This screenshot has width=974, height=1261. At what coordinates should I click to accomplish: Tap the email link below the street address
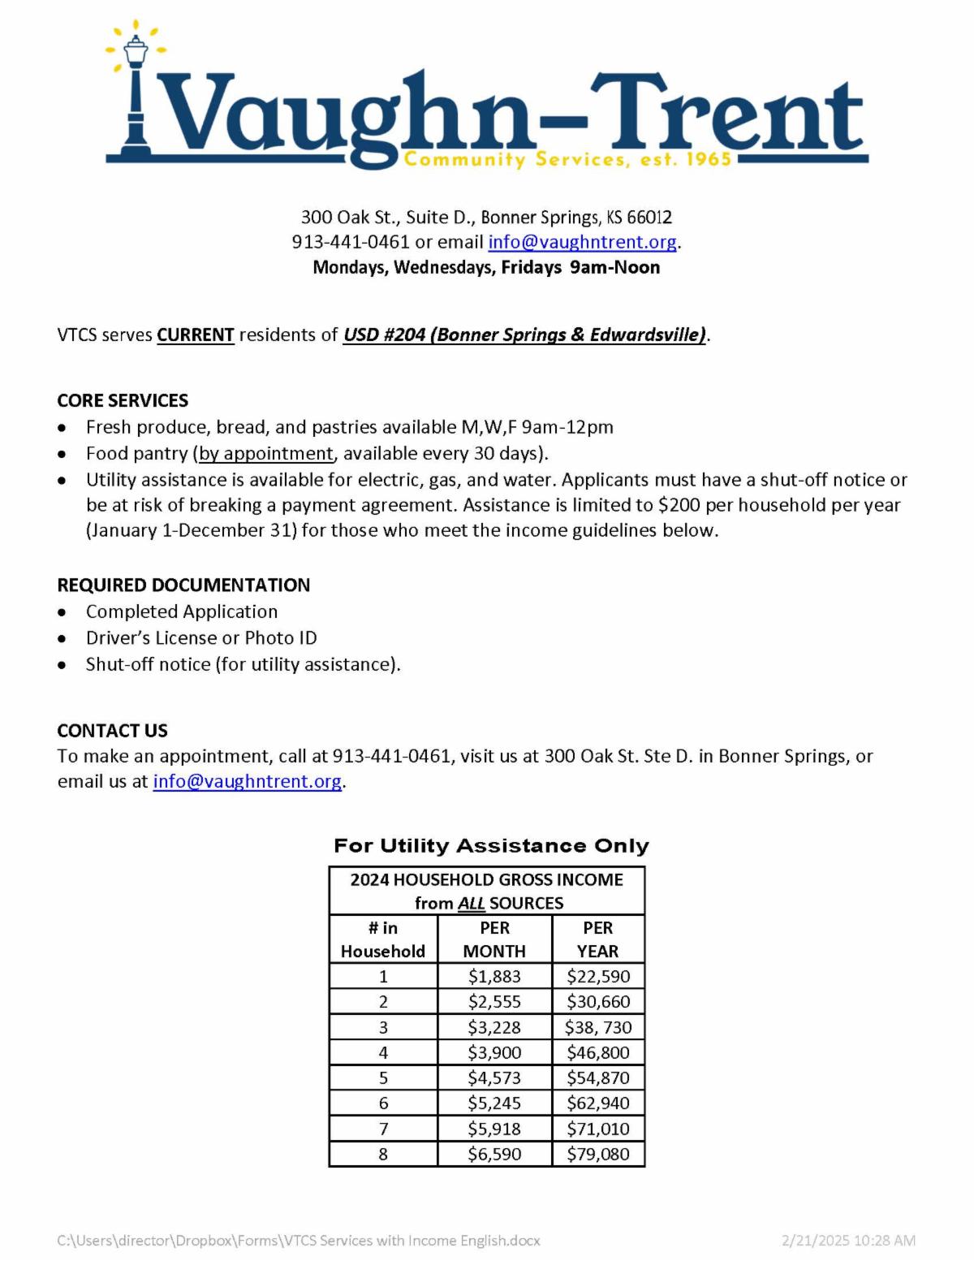point(582,242)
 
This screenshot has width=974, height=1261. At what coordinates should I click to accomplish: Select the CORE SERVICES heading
point(123,400)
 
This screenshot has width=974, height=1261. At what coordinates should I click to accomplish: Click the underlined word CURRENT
point(196,335)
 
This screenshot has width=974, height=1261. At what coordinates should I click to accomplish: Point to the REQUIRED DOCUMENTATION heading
point(183,585)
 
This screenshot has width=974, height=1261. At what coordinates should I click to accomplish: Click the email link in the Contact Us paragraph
point(247,781)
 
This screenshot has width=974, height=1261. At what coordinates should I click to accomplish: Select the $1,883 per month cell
point(494,976)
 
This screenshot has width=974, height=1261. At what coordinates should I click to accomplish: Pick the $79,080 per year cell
point(598,1154)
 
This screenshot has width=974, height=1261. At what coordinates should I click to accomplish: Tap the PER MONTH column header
point(494,939)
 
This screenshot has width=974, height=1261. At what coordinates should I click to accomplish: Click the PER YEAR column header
point(598,939)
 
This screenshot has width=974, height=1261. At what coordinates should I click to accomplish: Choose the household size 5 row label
point(383,1077)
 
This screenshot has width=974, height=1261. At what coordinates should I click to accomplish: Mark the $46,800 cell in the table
point(598,1052)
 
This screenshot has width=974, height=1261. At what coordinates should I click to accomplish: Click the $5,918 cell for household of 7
point(494,1129)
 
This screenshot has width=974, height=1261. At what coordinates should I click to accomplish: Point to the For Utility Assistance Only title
point(491,845)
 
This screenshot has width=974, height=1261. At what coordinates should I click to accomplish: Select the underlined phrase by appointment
point(266,453)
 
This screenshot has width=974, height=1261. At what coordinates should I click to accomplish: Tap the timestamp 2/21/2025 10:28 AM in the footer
point(848,1240)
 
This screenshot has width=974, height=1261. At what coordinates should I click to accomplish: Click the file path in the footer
point(298,1240)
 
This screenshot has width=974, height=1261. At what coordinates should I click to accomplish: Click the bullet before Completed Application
point(62,612)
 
